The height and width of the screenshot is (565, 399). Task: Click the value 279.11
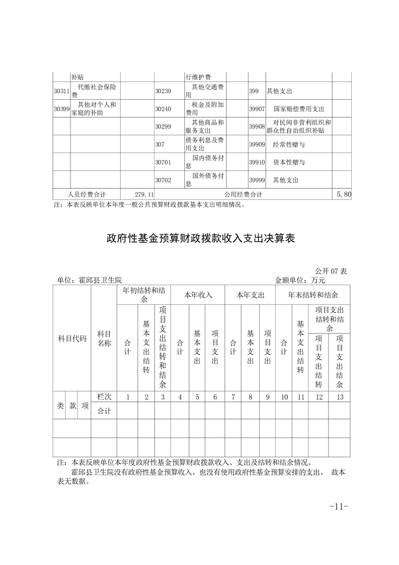pos(144,194)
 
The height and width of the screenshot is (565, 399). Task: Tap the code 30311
pos(61,91)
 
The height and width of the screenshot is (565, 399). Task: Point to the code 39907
pos(257,109)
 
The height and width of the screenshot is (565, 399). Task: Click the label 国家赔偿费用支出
pos(299,109)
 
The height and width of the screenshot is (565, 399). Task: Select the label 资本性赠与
pos(289,162)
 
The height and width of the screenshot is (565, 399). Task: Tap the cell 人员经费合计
pos(87,194)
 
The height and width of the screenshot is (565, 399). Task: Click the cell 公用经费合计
pos(244,194)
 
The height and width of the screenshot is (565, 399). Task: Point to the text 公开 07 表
pos(331,271)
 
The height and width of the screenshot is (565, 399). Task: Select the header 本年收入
pos(198,295)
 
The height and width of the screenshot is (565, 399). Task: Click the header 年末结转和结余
pos(312,295)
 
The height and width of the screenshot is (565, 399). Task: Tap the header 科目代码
pos(72,338)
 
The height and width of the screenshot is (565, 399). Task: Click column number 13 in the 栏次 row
pos(340,397)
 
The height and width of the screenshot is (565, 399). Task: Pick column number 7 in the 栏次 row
pos(233,397)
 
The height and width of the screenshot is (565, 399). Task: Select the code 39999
pos(257,180)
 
